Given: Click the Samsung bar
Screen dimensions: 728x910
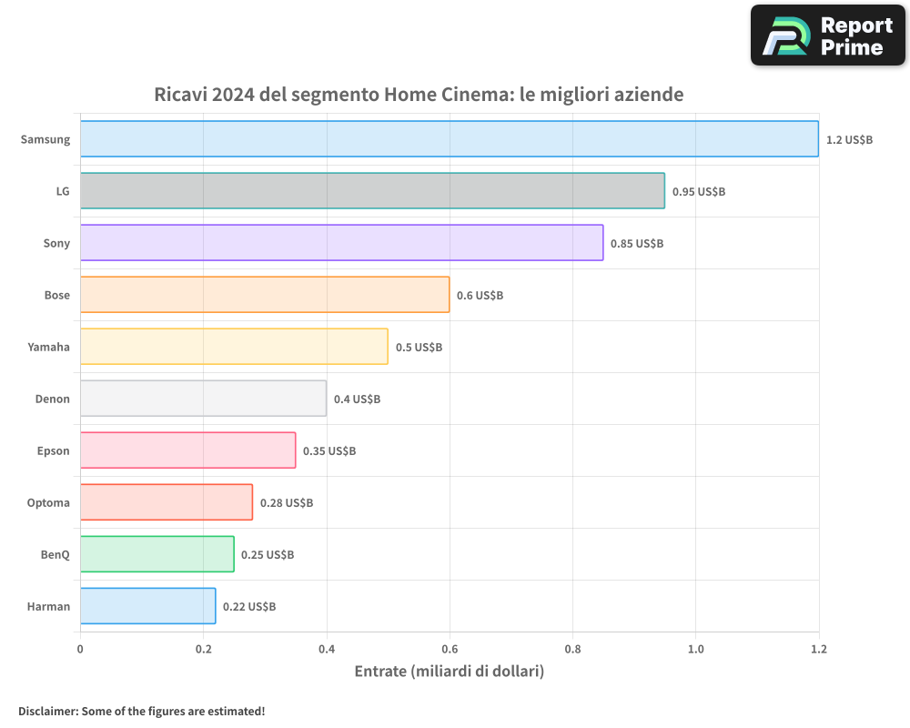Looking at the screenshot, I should click(450, 139).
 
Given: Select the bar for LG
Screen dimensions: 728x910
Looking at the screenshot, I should click(372, 191).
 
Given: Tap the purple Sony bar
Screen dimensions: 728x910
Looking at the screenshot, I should click(341, 243).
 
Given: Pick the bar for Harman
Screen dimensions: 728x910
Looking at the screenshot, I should click(147, 606).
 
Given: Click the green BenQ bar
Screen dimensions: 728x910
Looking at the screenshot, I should click(157, 554).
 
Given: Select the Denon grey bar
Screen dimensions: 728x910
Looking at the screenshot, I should click(203, 399).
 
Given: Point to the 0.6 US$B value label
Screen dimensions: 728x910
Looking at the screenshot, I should click(480, 296).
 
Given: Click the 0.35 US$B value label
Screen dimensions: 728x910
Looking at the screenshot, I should click(329, 451).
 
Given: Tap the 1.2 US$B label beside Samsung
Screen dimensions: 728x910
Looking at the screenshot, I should click(849, 140).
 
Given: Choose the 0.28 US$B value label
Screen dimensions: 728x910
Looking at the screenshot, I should click(287, 503).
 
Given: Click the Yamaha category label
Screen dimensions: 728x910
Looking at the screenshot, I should click(49, 347).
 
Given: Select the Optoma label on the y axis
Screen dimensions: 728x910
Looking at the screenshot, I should click(48, 502).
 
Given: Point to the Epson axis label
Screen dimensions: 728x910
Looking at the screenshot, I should click(53, 450).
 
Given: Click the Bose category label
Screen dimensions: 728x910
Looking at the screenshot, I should click(56, 295).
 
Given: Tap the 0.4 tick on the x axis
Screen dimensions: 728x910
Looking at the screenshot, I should click(327, 649).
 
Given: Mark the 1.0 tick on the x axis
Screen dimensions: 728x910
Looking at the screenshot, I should click(695, 649).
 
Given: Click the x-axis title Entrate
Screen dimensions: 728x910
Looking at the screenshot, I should click(449, 672).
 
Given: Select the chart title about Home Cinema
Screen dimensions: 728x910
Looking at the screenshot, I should click(419, 95).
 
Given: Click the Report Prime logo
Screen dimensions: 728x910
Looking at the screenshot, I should click(828, 35).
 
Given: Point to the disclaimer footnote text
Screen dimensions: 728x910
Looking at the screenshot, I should click(141, 711).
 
